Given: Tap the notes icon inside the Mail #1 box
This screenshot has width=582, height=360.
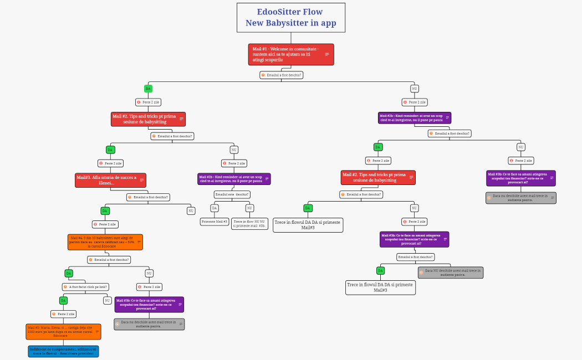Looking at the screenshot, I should pos(327,54).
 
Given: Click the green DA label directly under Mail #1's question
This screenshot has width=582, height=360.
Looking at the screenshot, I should pos(148,89).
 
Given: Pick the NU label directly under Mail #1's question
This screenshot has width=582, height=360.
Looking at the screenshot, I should pos(415,89).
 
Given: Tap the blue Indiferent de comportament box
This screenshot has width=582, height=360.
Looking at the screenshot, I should pos(63,351).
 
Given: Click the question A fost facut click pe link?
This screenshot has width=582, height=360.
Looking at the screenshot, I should pos(85,287).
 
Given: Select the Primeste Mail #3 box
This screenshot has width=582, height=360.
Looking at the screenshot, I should pos(215,222).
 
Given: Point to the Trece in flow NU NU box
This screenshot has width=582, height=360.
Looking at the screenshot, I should pos(250,224).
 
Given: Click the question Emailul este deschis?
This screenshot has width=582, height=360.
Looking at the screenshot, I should pos(232,194).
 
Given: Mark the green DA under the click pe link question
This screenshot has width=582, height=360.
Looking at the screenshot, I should pos(63,300).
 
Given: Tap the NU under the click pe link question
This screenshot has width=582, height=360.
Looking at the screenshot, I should pos(107,300).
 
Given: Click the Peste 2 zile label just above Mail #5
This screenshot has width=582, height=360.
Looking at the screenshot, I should pos(63,314).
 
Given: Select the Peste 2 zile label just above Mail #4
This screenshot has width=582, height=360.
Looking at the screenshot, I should pos(105,224).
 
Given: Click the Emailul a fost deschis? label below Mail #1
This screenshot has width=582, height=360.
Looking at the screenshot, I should pos(282,75).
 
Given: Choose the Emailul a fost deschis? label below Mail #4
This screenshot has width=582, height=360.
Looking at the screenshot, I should pos(109,259).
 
